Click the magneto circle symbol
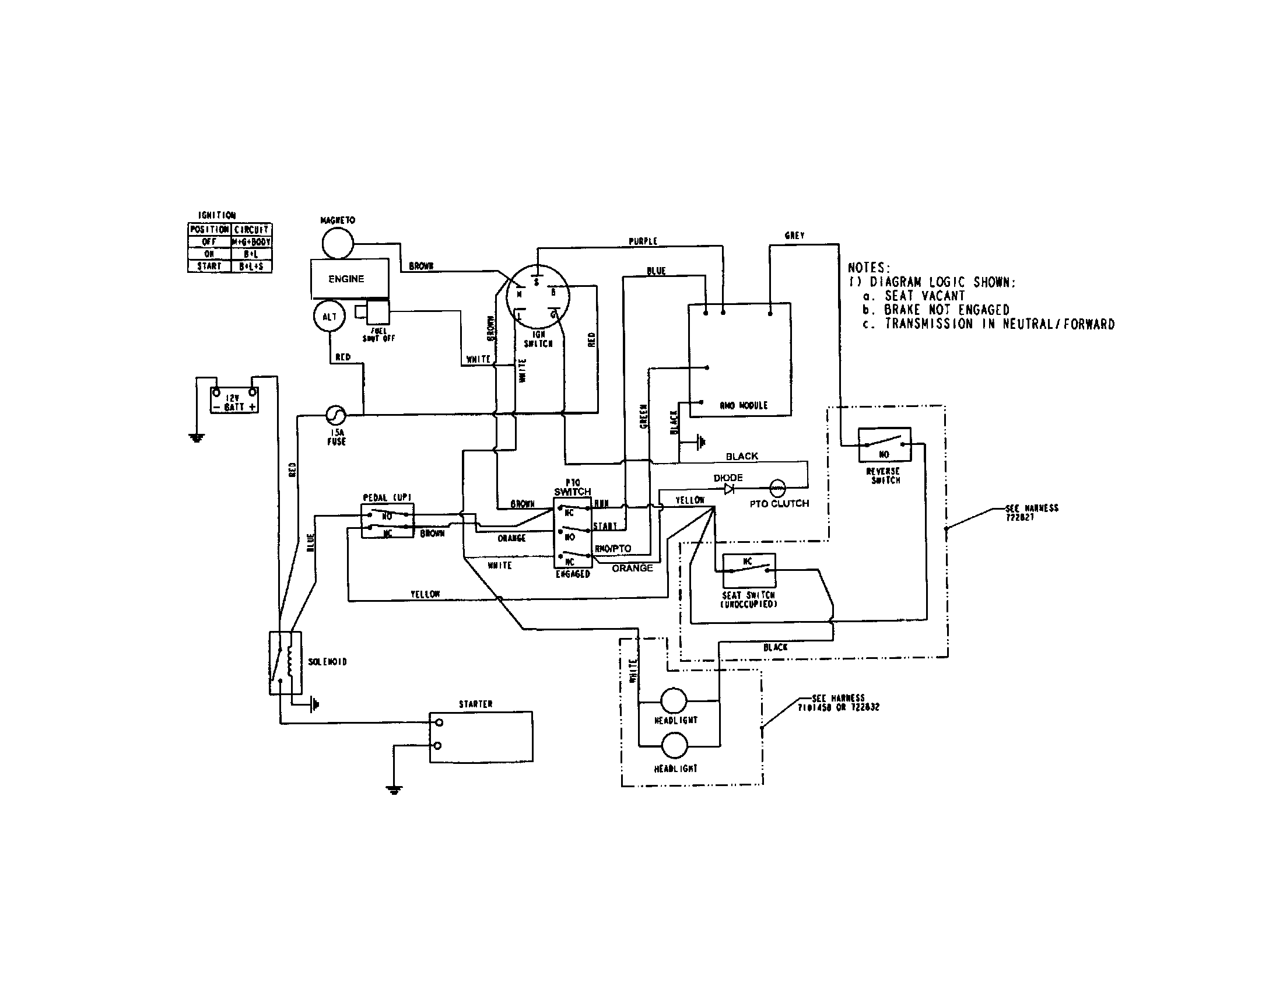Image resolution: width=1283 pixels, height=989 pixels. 338,243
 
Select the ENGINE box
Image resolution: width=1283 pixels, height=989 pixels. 349,278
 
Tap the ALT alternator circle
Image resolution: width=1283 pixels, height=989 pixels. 329,317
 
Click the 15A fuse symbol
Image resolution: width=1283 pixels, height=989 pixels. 336,415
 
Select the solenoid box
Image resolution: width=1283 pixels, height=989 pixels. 285,663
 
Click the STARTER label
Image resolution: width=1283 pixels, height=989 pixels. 475,704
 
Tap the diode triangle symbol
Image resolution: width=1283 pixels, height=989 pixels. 729,489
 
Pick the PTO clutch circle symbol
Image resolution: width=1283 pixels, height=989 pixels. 777,487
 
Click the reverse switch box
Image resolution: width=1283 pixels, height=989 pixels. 884,445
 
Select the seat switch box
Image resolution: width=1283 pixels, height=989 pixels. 748,570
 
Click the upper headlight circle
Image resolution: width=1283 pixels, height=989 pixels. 674,701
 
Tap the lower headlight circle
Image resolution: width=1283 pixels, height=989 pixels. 674,745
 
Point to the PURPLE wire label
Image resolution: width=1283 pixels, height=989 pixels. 643,241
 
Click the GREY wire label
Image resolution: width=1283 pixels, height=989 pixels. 794,236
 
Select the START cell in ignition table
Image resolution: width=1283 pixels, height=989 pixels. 209,266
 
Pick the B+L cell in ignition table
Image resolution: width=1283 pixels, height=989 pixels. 251,254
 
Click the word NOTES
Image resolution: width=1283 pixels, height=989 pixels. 869,268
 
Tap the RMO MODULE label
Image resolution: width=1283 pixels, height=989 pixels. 743,405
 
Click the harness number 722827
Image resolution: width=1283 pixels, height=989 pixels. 1020,517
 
